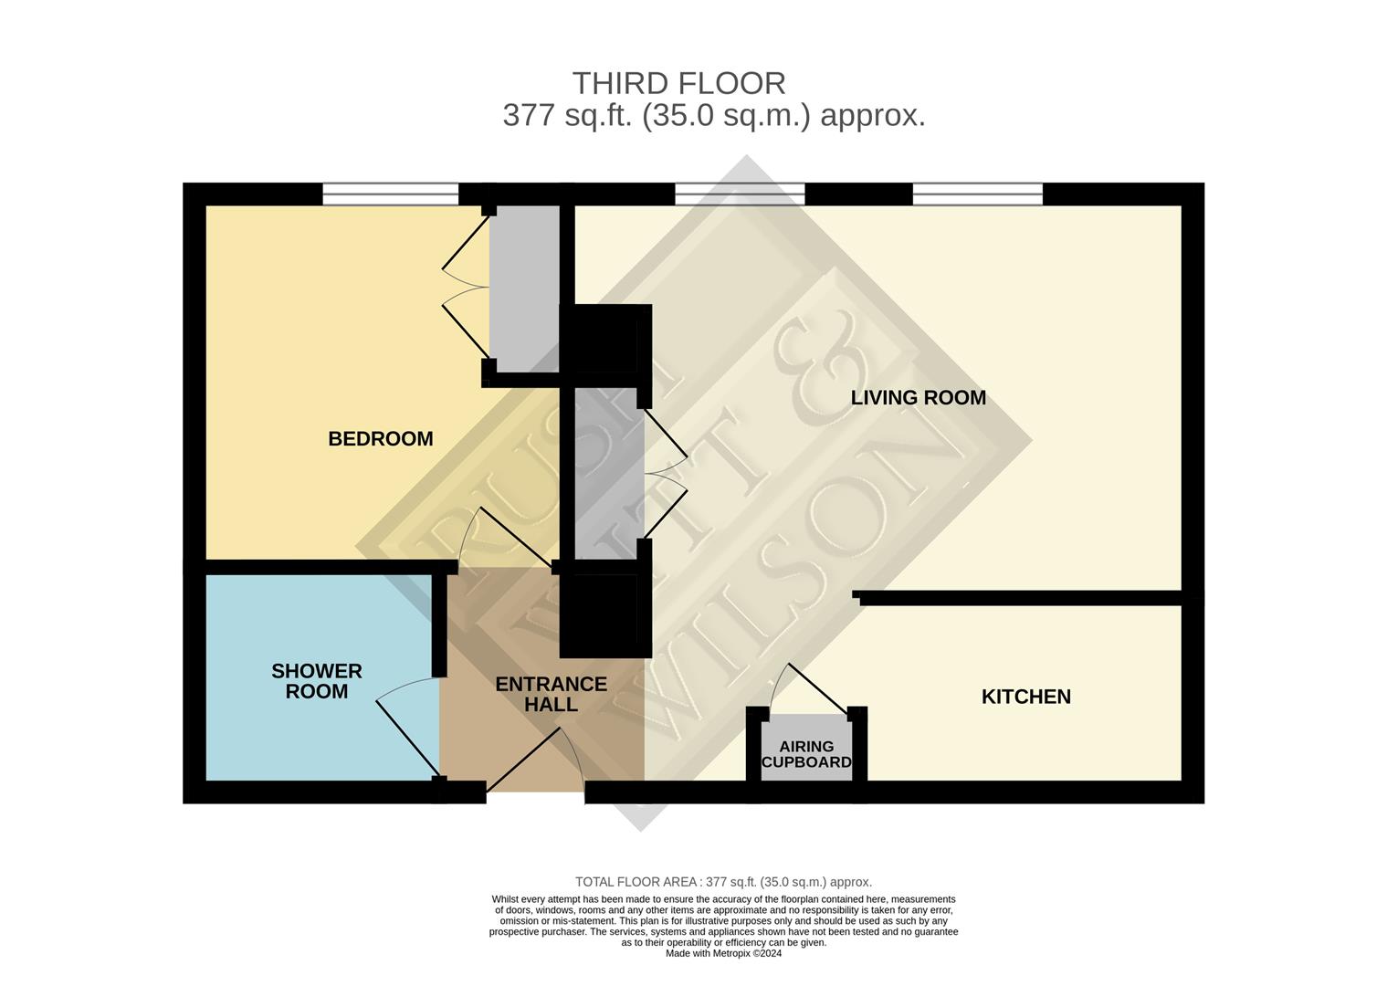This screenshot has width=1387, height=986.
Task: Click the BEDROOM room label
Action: coord(380,439)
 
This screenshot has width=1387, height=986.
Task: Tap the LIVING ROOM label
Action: coord(918,398)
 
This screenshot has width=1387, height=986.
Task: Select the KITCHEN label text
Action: coord(1025,697)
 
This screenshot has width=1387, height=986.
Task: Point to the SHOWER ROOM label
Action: coord(316,681)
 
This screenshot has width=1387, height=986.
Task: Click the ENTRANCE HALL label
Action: coord(551,694)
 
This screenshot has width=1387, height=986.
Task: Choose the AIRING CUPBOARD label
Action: coord(806,754)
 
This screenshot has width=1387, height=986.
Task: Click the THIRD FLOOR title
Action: coord(678,83)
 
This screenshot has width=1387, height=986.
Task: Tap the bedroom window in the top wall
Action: coord(390,194)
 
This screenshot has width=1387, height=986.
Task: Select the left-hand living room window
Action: coord(740,194)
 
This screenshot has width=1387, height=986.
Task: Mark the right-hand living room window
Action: coord(977,194)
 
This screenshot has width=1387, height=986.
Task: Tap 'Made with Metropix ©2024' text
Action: coord(723,953)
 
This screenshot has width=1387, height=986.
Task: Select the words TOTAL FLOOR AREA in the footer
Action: coord(637,882)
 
